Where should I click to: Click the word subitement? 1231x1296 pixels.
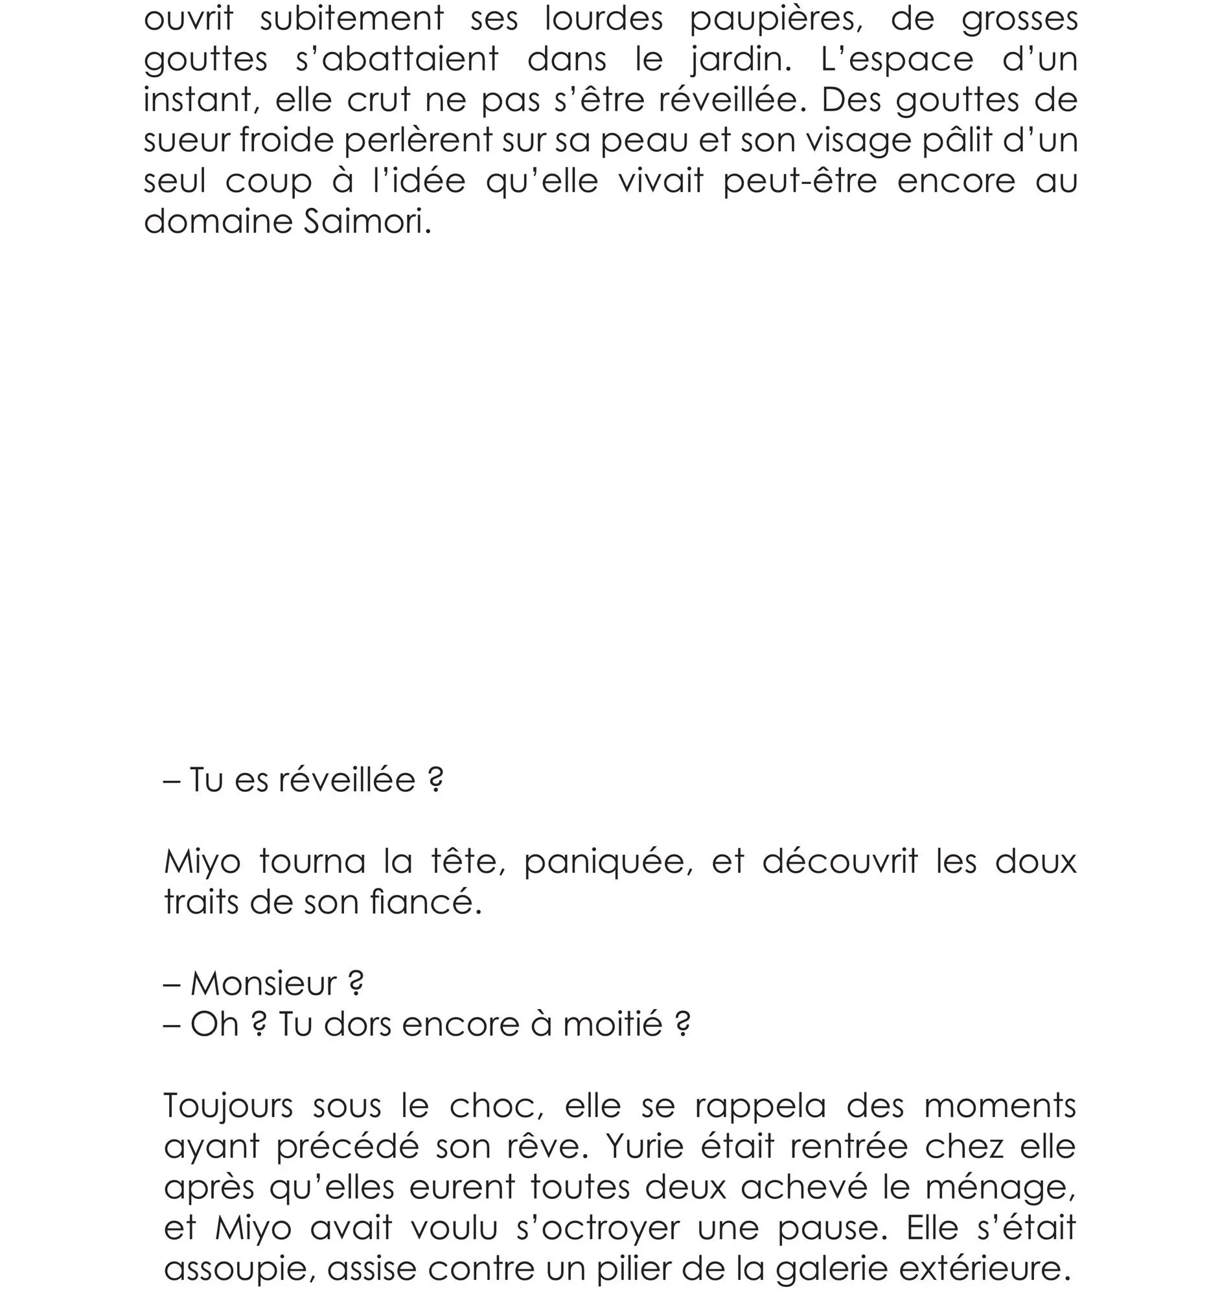click(x=352, y=17)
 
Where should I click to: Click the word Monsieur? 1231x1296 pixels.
click(x=263, y=984)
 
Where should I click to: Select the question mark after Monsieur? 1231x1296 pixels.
click(x=355, y=984)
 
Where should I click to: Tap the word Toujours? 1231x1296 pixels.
click(x=227, y=1106)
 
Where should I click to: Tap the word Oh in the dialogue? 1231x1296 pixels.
click(x=214, y=1024)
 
